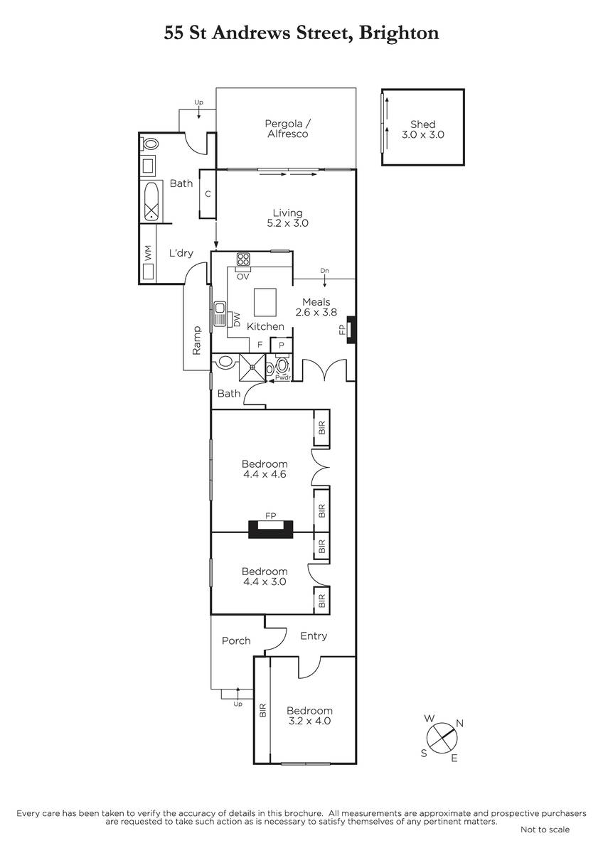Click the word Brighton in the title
pyautogui.click(x=399, y=33)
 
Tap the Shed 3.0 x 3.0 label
pyautogui.click(x=423, y=129)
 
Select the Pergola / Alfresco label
pyautogui.click(x=287, y=129)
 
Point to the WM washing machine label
pyautogui.click(x=148, y=252)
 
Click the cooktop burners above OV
pyautogui.click(x=243, y=259)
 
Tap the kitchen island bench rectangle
pyautogui.click(x=265, y=302)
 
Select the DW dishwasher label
pyautogui.click(x=237, y=319)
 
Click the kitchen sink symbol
pyautogui.click(x=220, y=313)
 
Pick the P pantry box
pyautogui.click(x=281, y=345)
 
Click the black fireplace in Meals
pyautogui.click(x=351, y=330)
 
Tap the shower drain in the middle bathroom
pyautogui.click(x=252, y=367)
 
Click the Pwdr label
pyautogui.click(x=283, y=378)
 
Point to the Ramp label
pyautogui.click(x=196, y=340)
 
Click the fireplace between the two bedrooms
pyautogui.click(x=271, y=530)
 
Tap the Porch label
pyautogui.click(x=236, y=641)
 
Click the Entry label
pyautogui.click(x=314, y=636)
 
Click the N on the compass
pyautogui.click(x=460, y=724)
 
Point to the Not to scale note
pyautogui.click(x=545, y=830)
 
